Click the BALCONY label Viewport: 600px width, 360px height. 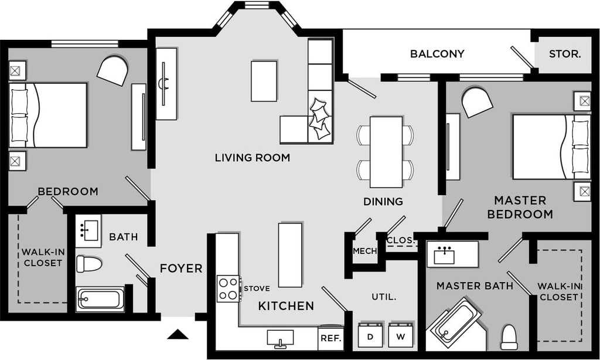(437, 54)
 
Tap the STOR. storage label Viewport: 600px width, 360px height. (565, 54)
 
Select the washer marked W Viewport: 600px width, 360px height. (401, 337)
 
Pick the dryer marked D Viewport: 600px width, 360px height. (370, 337)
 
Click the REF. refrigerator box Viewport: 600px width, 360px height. (330, 338)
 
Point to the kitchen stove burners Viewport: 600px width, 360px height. (228, 288)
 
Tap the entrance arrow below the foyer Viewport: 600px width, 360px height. (178, 334)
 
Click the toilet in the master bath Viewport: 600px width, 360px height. (509, 337)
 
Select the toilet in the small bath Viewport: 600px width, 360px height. (88, 264)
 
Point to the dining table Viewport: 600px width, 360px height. (386, 152)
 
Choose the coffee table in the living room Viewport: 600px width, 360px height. (264, 81)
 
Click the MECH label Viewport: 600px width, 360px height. (364, 251)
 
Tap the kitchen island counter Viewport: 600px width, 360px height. (290, 255)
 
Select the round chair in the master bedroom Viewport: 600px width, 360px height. (477, 102)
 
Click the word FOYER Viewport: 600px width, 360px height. (181, 269)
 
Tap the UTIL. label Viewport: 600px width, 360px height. (384, 297)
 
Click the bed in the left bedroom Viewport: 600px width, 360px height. (48, 115)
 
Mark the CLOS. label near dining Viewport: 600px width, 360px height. (401, 240)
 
